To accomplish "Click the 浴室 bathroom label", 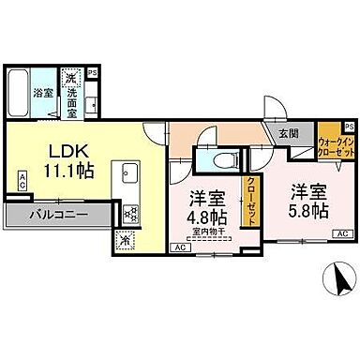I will pos(43,93).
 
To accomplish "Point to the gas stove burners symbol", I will pos(130,211).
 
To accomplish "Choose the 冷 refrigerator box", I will pos(127,239).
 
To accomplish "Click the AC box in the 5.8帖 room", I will pos(342,232).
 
